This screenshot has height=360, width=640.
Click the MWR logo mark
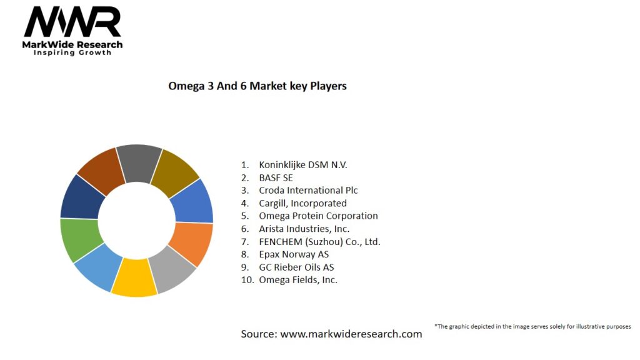tap(72, 23)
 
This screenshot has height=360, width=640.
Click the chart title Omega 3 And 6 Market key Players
tap(257, 86)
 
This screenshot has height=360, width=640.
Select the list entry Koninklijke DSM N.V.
tap(302, 165)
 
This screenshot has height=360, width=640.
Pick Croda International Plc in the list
tap(308, 190)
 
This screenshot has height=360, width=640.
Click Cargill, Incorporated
tap(302, 203)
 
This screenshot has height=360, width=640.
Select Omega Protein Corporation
tap(318, 216)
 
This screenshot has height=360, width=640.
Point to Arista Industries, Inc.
tap(304, 229)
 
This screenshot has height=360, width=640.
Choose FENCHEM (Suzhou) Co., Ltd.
tap(319, 241)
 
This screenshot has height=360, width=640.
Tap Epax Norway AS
tap(294, 254)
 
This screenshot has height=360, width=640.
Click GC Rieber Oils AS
tap(296, 267)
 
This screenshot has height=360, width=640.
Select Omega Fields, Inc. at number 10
tap(298, 280)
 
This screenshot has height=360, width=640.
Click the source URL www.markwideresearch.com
tap(351, 334)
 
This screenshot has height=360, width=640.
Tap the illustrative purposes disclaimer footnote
tap(532, 326)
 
